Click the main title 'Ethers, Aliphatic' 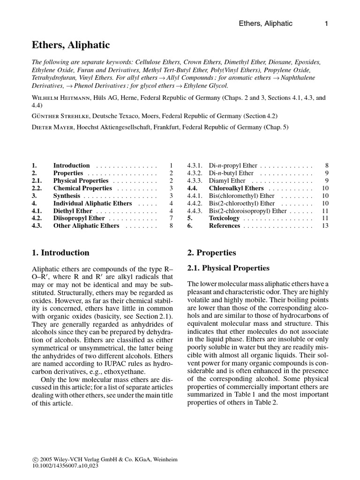click(x=71, y=45)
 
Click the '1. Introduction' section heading click(x=60, y=253)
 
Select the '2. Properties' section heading click(x=211, y=253)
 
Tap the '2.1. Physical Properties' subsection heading click(x=228, y=268)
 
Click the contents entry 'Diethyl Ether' click(x=73, y=211)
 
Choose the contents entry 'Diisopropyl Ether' click(x=79, y=218)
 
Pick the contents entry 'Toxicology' click(x=224, y=218)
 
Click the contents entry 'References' click(x=225, y=226)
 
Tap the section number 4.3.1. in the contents click(x=195, y=165)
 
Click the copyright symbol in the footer click(x=35, y=460)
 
